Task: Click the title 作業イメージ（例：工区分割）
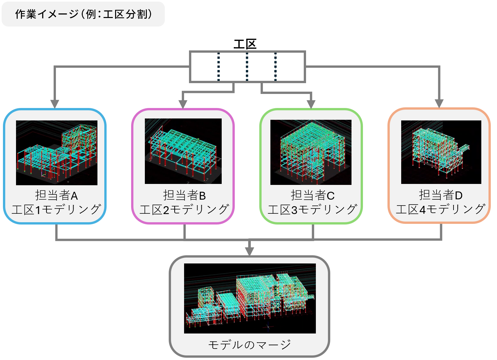pos(83,14)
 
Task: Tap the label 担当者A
pos(56,195)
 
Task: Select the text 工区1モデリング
pos(56,209)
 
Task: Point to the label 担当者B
pos(184,195)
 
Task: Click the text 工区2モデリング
pos(184,209)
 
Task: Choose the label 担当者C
pos(313,195)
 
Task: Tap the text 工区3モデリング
pos(313,209)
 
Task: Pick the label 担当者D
pos(440,195)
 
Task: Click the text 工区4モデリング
pos(440,209)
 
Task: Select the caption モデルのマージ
pos(249,345)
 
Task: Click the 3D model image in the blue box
pos(57,153)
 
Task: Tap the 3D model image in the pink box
pos(183,151)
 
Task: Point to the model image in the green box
pos(311,152)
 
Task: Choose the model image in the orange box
pos(441,152)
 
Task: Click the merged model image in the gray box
pos(250,298)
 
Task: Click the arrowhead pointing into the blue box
pos(55,103)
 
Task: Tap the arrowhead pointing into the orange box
pos(439,103)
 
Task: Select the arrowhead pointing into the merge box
pos(249,251)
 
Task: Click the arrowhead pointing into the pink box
pos(183,104)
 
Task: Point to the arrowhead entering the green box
pos(311,104)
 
